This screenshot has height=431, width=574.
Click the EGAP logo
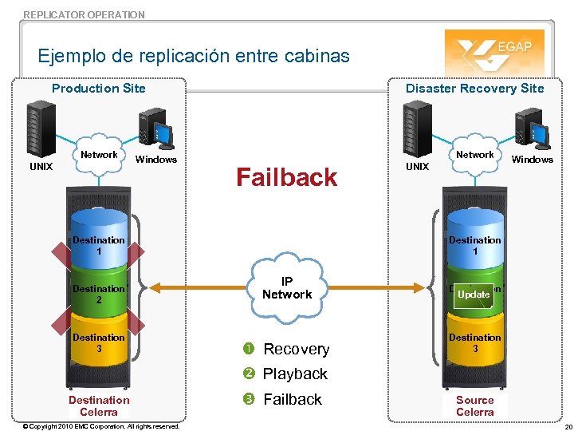(x=494, y=51)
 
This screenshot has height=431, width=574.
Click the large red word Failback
(x=287, y=177)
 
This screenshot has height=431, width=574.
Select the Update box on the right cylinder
(x=474, y=295)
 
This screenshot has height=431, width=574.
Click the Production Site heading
(x=99, y=89)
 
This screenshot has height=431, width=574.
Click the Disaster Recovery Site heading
(x=474, y=89)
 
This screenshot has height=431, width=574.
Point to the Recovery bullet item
(x=296, y=350)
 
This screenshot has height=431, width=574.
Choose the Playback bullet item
(x=295, y=374)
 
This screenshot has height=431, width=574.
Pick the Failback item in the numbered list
(x=292, y=399)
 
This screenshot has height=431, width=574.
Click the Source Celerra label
(x=474, y=406)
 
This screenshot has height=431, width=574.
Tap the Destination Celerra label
(x=99, y=406)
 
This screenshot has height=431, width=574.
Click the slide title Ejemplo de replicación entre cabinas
(x=194, y=56)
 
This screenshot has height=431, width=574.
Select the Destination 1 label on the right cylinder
(x=474, y=245)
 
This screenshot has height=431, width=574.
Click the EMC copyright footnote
(x=100, y=426)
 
